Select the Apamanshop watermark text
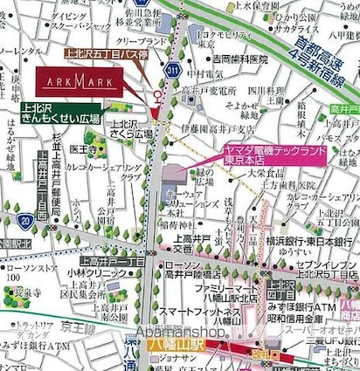point(182,332)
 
